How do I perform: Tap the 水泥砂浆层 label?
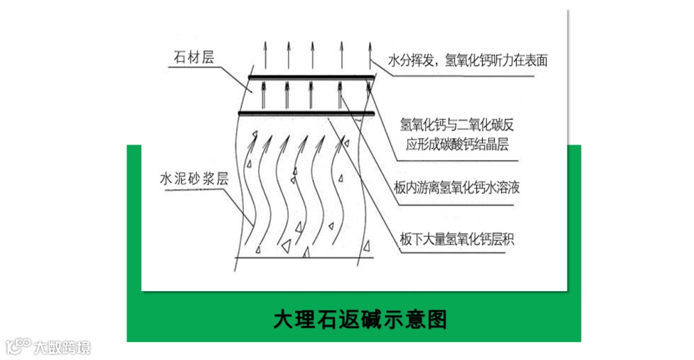(194, 178)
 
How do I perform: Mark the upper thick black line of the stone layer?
(311, 77)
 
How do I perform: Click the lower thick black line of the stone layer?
(308, 112)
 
